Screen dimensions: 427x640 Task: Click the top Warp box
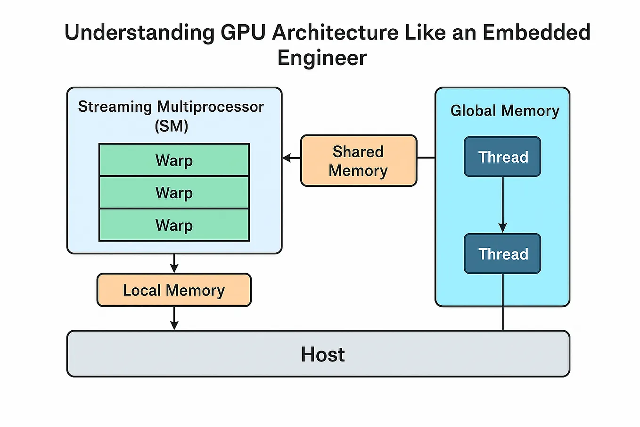tap(174, 160)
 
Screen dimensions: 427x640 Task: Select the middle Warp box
tap(174, 193)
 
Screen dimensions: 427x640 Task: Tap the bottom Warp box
tap(174, 225)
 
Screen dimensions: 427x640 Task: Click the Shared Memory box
tap(358, 161)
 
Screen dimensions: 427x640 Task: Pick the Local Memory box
tap(174, 290)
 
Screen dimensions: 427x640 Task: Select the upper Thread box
tap(502, 157)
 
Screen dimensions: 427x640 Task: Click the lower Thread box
tap(502, 254)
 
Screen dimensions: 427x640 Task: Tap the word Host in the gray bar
tap(323, 354)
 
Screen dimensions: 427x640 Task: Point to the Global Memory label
tap(504, 110)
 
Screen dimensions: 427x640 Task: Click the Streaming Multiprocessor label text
tap(171, 107)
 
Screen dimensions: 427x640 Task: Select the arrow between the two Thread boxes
tap(502, 205)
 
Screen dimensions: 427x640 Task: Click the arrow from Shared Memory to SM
tap(292, 158)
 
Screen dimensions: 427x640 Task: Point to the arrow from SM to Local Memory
tap(174, 263)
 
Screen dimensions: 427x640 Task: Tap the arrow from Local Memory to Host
tap(174, 318)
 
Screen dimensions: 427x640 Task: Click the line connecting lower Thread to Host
tap(502, 302)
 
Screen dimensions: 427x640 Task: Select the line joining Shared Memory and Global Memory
tap(426, 158)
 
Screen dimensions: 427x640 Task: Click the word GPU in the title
tap(243, 33)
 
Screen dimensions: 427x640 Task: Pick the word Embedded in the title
tap(536, 33)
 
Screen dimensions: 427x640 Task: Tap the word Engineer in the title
tap(322, 58)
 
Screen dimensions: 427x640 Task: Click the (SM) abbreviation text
tap(171, 126)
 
